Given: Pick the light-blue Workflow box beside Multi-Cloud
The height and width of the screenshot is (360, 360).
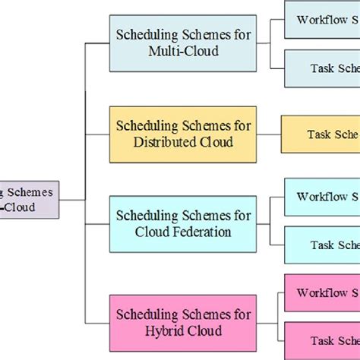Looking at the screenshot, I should coord(323,20).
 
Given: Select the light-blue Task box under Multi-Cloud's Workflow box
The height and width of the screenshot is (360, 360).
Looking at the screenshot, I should coord(323,68).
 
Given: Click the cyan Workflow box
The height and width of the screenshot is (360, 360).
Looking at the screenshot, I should coord(323,197).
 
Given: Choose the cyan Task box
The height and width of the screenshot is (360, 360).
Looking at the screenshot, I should coord(323,245).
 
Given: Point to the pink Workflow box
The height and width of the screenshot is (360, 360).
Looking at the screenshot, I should coord(323,293).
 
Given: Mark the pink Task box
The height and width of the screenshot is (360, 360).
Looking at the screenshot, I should coord(323,340).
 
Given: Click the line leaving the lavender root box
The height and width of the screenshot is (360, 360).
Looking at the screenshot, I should coord(71,200).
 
